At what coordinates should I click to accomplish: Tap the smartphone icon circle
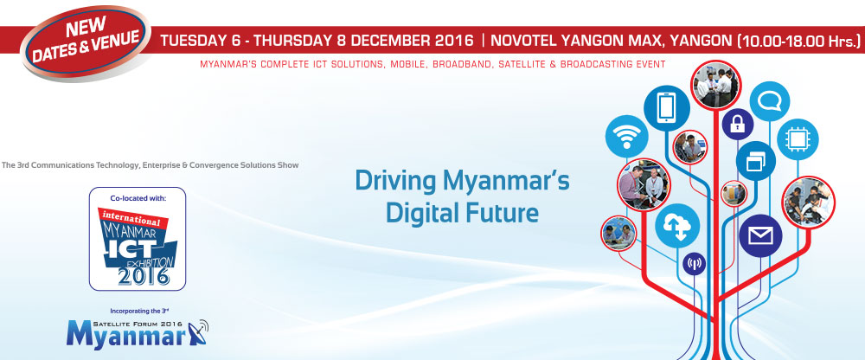coord(666,108)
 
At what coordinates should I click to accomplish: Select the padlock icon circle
coord(738,125)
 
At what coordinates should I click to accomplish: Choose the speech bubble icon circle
coord(770,101)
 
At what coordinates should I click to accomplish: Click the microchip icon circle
coord(798,139)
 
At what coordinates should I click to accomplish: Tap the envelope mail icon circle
coord(760,235)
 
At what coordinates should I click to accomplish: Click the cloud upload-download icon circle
coord(677,225)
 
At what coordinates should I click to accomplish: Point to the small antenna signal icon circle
coord(694,263)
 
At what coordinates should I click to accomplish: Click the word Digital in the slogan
coord(419,212)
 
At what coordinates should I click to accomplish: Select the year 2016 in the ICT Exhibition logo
coord(144,275)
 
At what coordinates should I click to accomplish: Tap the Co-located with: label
coord(138,197)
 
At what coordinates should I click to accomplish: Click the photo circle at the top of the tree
coord(715,85)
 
